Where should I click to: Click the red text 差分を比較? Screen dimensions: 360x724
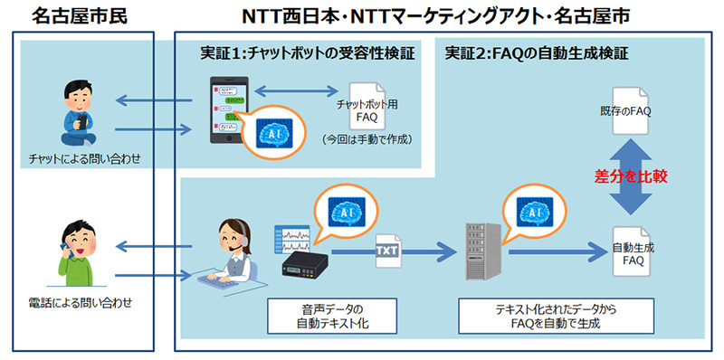point(632,176)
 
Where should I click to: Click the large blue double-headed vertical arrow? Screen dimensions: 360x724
point(632,176)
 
